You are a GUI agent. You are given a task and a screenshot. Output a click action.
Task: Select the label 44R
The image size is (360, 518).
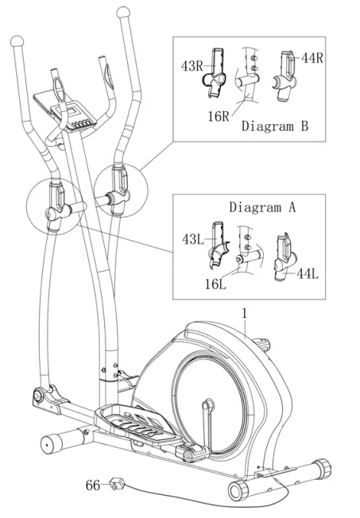pos(312,58)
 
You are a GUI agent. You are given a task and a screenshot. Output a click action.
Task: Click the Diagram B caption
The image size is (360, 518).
pos(275,126)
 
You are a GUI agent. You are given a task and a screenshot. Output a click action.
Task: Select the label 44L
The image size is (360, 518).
pos(308,273)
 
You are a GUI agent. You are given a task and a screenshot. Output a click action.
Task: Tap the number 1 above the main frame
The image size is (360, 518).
pos(246,314)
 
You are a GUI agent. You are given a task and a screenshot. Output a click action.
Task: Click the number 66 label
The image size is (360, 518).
pos(94,484)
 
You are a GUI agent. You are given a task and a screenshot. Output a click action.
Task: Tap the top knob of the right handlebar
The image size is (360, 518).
pos(122,14)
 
